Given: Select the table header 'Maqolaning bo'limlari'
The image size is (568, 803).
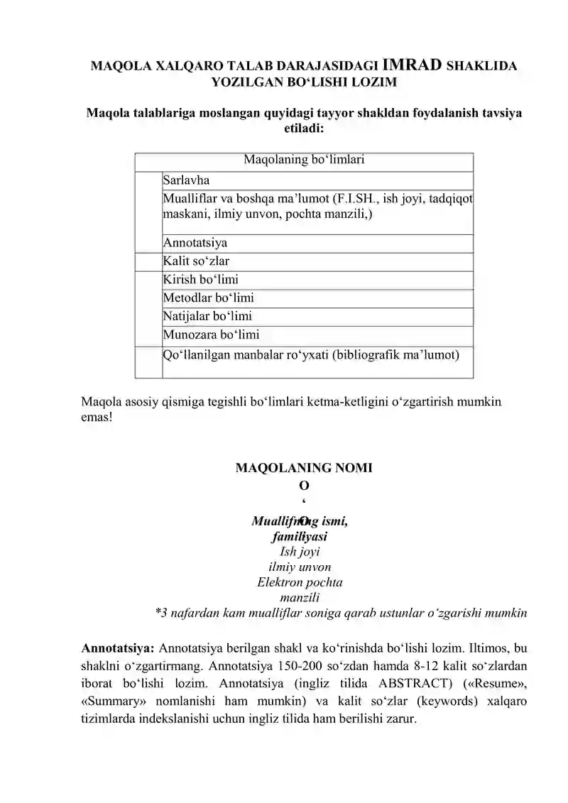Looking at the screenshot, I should [304, 160].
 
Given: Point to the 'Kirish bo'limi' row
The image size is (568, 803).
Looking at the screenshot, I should [200, 280].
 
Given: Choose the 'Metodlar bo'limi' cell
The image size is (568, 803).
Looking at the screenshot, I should [208, 298].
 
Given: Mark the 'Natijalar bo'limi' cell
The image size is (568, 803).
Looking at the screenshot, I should [207, 317].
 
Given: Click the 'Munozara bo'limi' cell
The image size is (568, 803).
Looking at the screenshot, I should [211, 334].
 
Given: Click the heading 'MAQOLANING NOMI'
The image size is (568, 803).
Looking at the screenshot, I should [304, 468].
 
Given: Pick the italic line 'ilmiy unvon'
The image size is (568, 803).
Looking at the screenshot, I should [299, 567].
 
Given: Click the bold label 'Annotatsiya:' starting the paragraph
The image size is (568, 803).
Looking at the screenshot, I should [119, 648].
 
